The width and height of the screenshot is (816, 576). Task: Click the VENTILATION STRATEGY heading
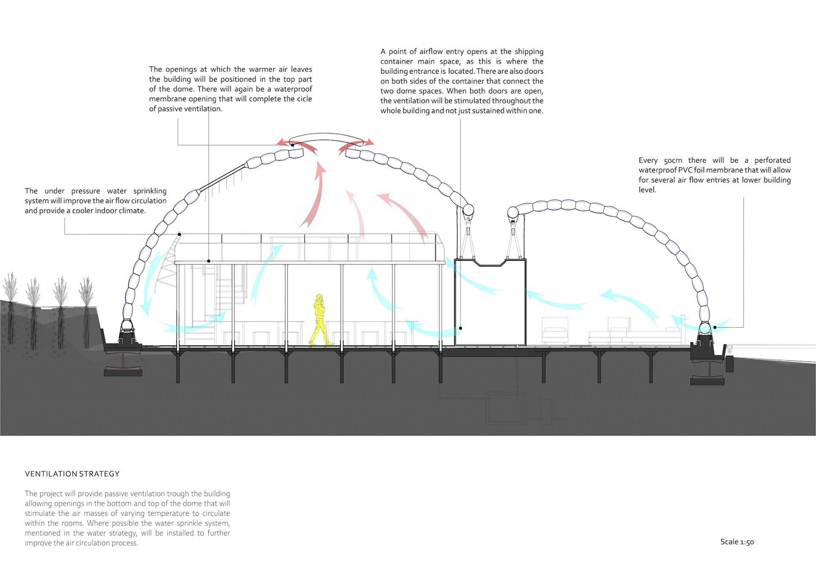72,474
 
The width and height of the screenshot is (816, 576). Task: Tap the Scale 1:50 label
737,542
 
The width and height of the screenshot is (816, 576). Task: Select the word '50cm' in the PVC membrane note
673,160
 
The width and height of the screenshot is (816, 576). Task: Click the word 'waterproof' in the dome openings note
293,89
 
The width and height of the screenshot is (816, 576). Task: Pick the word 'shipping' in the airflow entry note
529,52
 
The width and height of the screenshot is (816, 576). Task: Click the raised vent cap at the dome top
326,138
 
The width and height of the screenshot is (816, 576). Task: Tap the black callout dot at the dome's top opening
292,145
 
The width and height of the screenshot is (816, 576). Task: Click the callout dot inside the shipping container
460,328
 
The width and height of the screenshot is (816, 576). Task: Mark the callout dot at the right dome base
715,327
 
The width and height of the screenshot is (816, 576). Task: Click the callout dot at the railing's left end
179,234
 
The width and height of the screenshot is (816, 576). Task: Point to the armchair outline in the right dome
555,330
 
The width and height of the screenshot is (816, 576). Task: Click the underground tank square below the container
506,407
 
